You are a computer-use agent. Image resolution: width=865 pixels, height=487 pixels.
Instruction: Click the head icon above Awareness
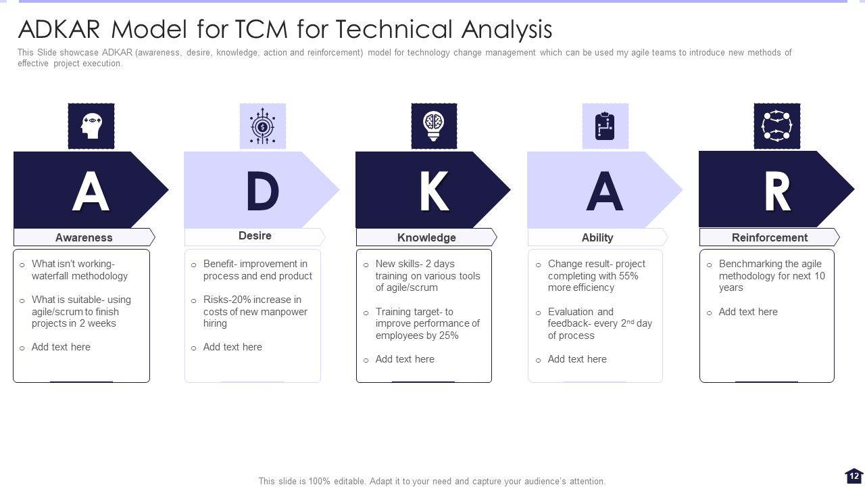pos(91,126)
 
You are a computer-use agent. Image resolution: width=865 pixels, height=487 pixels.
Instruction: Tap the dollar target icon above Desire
pos(263,126)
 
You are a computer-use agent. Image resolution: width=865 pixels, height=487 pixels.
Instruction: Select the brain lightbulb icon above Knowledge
pos(434,126)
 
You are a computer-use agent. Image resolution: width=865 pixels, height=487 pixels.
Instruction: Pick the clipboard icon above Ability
pos(605,126)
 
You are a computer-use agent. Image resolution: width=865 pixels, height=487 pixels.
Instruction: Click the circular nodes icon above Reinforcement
pos(776,126)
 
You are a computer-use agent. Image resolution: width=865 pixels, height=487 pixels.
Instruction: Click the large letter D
pos(262,191)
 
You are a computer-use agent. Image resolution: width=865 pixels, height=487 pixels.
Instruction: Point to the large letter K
pos(433,191)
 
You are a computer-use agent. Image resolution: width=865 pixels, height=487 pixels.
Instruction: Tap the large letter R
pos(776,191)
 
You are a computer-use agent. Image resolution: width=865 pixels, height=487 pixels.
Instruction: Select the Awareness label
pos(84,237)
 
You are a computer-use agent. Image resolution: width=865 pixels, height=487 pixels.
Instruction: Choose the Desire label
pos(255,236)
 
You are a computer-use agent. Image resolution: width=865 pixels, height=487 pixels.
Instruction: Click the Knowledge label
pos(426,237)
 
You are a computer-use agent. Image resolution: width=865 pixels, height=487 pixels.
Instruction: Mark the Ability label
pos(597,237)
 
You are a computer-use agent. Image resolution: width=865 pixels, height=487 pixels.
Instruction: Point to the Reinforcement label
pos(770,237)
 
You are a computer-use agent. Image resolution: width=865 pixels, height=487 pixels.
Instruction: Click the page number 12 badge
pos(854,476)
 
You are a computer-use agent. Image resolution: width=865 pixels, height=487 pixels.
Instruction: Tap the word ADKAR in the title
pos(59,30)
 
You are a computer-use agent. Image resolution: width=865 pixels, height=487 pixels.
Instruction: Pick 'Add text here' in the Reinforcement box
pos(748,312)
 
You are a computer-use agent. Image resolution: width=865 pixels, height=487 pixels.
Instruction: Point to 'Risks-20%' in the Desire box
pos(227,300)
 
